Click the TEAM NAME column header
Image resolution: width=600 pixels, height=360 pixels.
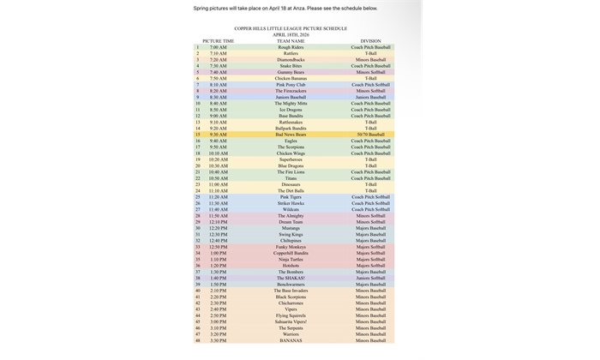(x=291, y=40)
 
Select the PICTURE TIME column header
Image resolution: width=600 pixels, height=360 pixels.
(x=219, y=40)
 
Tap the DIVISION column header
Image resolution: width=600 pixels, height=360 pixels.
(x=370, y=40)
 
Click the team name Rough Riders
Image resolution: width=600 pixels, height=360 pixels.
(x=291, y=46)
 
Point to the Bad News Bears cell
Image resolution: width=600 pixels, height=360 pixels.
(x=291, y=134)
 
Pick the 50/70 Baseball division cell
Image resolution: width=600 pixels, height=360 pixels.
(x=370, y=134)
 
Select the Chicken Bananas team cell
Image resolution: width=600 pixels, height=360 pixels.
(x=291, y=78)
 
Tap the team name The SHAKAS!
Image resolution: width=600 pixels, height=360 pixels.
(x=291, y=278)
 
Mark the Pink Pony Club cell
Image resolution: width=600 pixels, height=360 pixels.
(x=291, y=84)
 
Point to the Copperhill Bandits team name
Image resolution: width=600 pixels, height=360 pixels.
(x=291, y=253)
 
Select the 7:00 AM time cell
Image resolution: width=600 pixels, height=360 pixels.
(x=219, y=46)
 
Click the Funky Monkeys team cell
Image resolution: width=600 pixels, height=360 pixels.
(x=291, y=246)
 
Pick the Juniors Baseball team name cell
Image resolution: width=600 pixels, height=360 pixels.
(x=291, y=97)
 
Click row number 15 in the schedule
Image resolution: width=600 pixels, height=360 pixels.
(x=197, y=134)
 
